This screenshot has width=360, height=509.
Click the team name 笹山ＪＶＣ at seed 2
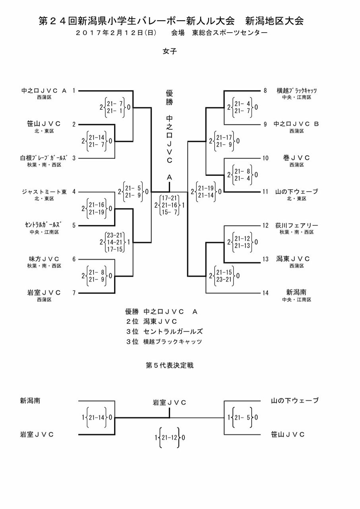[x=44, y=124]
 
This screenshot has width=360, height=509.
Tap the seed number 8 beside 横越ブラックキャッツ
[x=265, y=91]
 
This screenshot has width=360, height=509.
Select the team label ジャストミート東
[x=44, y=192]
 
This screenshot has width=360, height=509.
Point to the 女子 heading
[x=170, y=51]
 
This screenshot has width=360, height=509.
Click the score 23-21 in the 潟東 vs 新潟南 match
[x=224, y=279]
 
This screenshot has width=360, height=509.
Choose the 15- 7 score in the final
[x=169, y=212]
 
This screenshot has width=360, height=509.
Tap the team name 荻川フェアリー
[x=297, y=225]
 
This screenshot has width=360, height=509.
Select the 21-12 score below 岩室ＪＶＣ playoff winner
[x=169, y=437]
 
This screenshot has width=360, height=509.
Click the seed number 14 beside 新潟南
[x=265, y=293]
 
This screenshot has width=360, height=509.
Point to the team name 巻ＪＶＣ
[x=296, y=158]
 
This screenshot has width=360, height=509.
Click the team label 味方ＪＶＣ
[x=44, y=259]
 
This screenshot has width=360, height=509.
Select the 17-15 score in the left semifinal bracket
[x=114, y=249]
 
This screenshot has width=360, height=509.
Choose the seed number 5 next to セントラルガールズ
[x=74, y=225]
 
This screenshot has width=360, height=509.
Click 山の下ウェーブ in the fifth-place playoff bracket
[x=295, y=400]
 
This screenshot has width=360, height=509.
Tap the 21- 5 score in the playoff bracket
[x=242, y=418]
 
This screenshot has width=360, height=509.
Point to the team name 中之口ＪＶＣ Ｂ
[x=296, y=124]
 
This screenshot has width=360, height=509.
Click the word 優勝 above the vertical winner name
[x=169, y=97]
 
